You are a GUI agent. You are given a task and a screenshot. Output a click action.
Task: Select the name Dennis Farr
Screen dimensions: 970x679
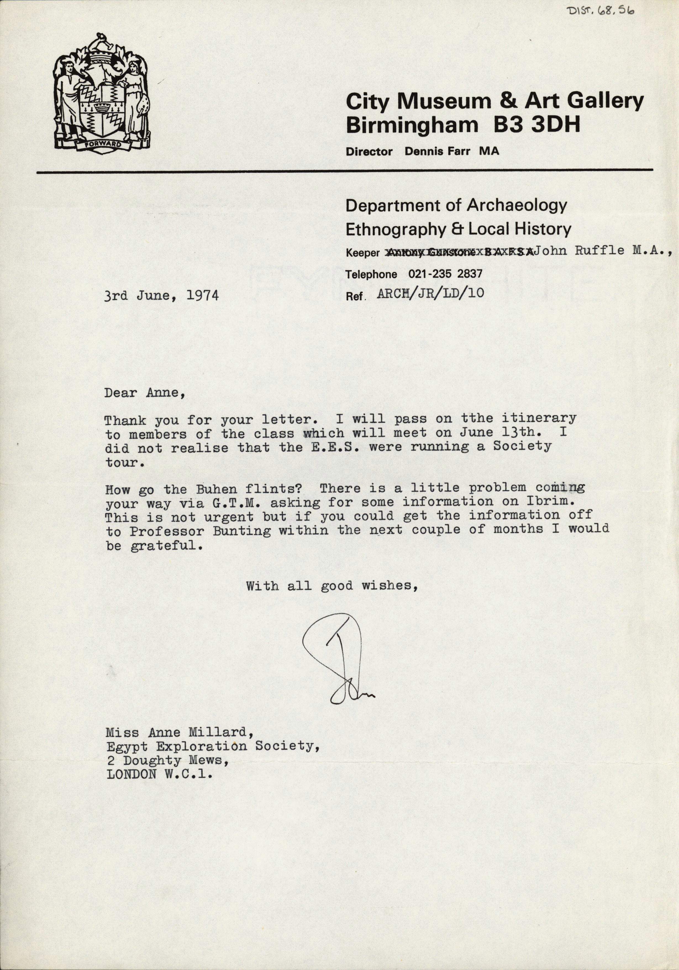437,152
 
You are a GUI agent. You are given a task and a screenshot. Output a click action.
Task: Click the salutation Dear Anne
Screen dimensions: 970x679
144,393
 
